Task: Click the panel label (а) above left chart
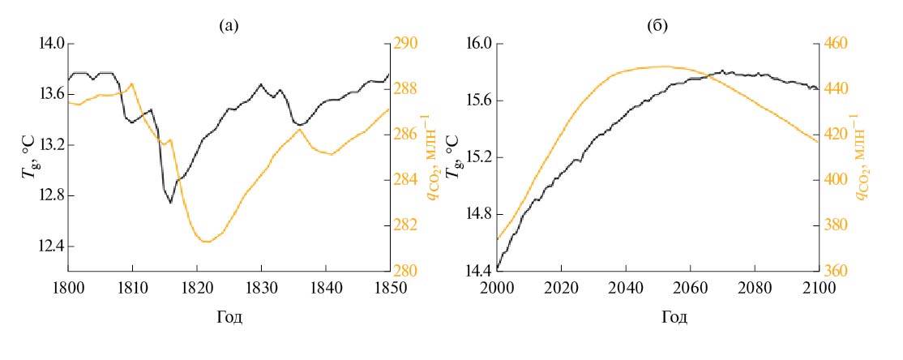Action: pos(229,26)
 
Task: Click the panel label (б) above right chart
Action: pos(657,26)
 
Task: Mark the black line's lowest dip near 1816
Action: pos(170,202)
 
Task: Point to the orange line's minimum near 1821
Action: pos(206,242)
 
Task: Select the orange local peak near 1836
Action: pos(300,130)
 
